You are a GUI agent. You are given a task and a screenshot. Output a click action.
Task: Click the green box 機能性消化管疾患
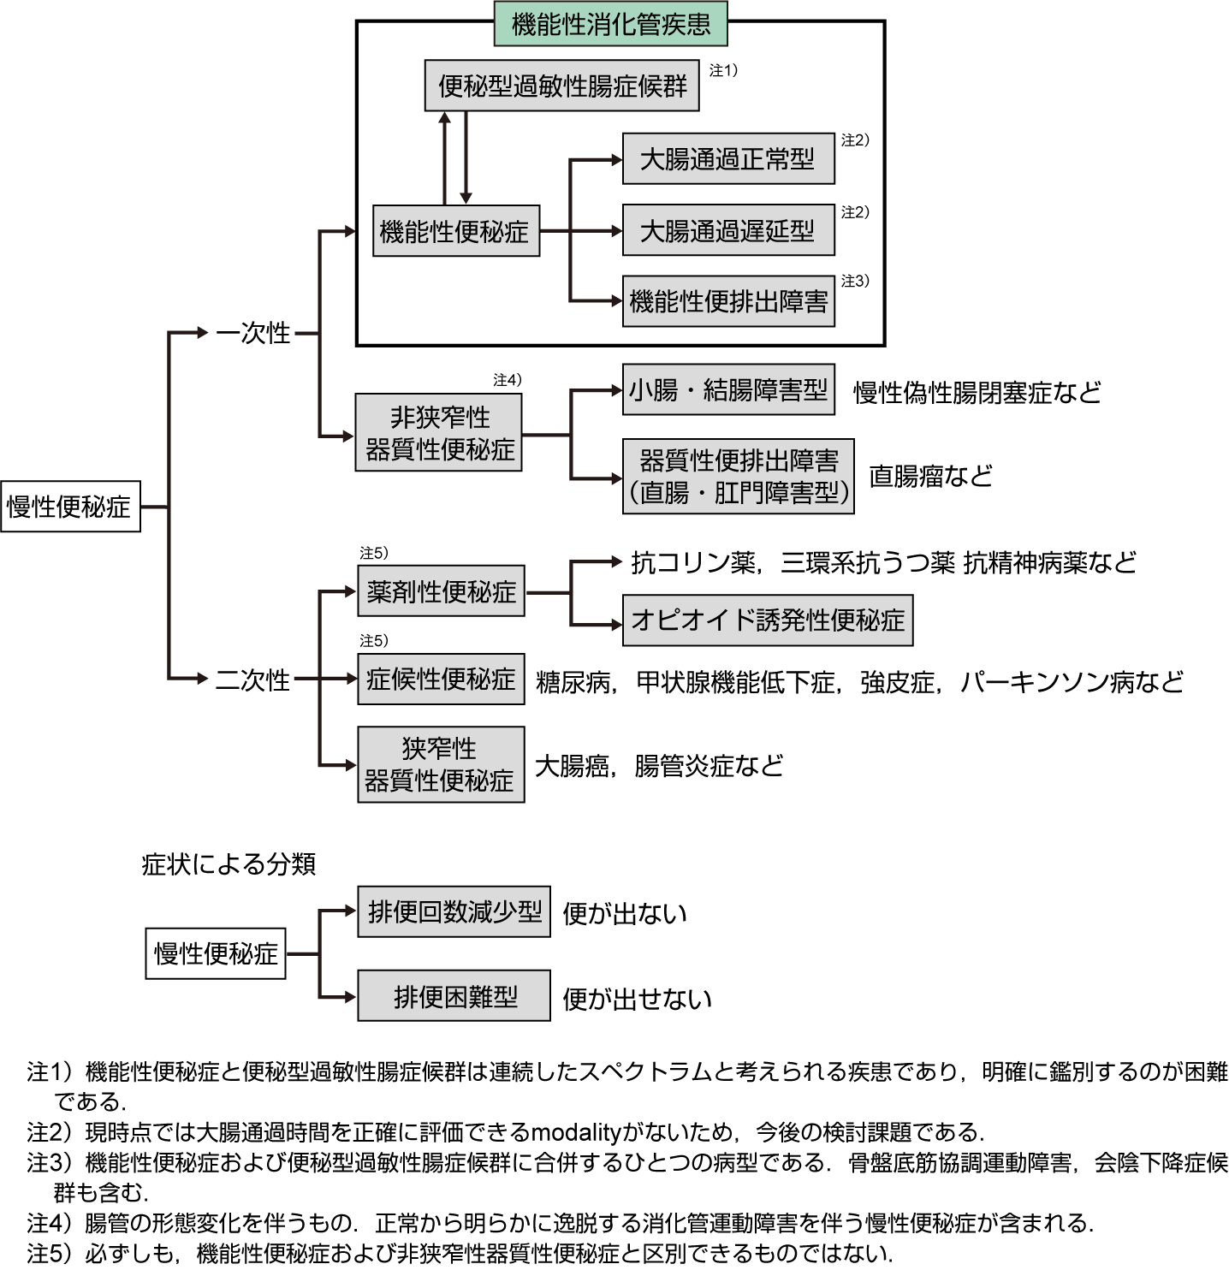(611, 24)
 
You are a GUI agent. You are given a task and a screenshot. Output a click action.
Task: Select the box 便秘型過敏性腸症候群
(561, 86)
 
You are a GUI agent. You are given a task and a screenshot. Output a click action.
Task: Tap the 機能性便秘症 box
(455, 230)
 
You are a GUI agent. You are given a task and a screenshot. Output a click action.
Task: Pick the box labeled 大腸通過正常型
(727, 158)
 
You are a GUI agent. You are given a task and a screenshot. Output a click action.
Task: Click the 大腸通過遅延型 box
(727, 230)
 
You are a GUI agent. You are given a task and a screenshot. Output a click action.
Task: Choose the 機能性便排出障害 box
(727, 301)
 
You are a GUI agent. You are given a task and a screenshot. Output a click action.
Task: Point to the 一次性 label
(253, 333)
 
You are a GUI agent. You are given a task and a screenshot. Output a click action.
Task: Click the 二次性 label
(253, 680)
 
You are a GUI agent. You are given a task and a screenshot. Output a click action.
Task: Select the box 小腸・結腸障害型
(727, 390)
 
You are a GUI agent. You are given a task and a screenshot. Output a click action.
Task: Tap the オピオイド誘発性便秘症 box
(767, 620)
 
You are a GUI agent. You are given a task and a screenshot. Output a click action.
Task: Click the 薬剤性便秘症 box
(441, 591)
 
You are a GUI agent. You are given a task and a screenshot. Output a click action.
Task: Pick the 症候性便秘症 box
(441, 680)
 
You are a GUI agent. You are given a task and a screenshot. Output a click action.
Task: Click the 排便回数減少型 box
(454, 912)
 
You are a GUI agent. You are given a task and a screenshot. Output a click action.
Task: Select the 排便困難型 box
(454, 996)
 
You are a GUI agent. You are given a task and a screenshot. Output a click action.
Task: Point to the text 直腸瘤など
(930, 476)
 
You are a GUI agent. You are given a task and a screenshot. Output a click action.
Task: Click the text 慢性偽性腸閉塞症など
(977, 393)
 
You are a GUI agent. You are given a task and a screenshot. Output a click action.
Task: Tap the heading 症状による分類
(229, 864)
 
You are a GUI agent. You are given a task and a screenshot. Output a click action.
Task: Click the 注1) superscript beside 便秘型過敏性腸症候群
(723, 70)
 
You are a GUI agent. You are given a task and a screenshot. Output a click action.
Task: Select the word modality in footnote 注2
(575, 1132)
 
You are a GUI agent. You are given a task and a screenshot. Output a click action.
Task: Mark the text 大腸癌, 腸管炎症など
(658, 766)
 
